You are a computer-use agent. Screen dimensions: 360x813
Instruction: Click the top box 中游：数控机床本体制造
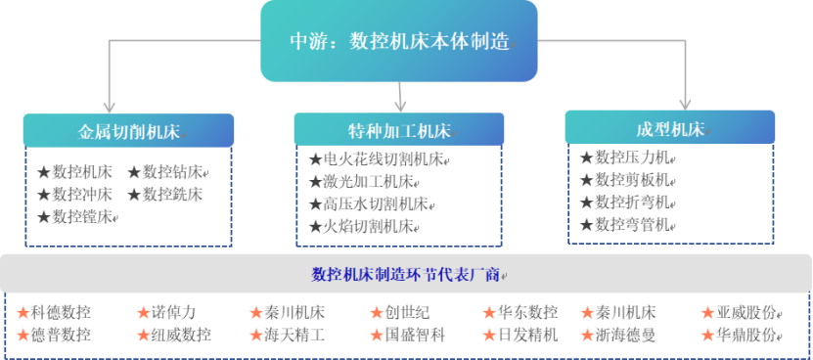(x=398, y=42)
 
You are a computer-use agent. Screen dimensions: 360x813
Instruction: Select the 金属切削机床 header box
(x=128, y=131)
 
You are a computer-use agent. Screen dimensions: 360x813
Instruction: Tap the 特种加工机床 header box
(x=399, y=131)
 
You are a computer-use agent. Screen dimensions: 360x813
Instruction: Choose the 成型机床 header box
(x=670, y=128)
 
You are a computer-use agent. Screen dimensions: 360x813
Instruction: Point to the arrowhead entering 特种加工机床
(x=399, y=104)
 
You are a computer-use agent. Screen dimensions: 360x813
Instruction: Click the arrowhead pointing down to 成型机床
(x=685, y=102)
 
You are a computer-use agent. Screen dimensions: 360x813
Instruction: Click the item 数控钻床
(x=170, y=173)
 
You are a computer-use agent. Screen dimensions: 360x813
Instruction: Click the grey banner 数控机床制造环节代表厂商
(x=405, y=273)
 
